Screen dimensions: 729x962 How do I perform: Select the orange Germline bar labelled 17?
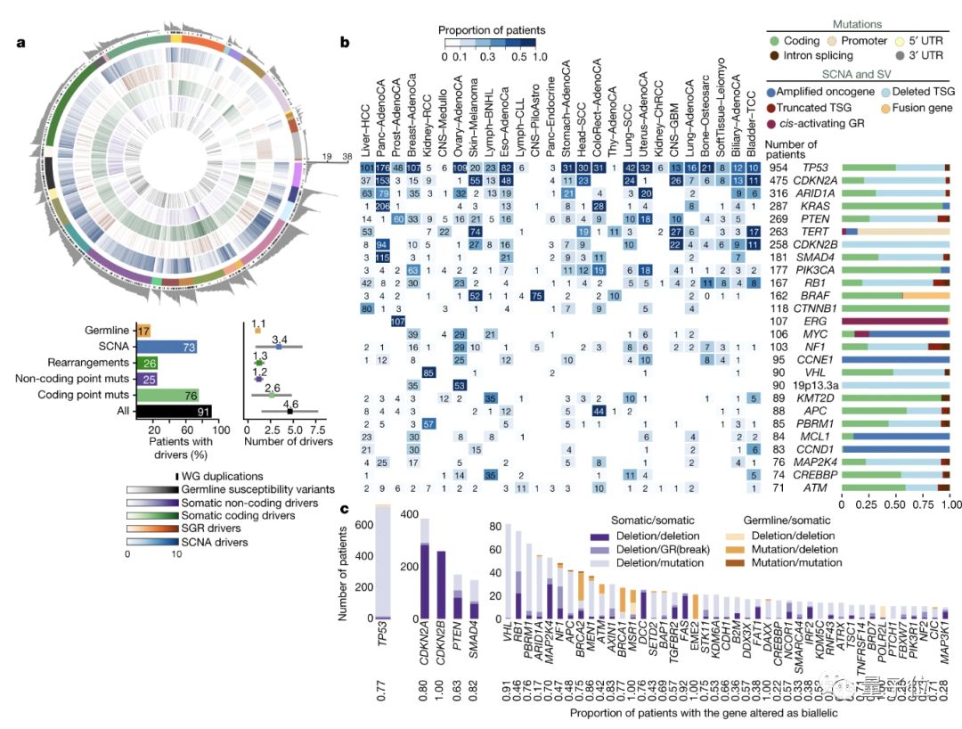pos(143,331)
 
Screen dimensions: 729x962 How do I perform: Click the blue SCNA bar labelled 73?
pos(167,347)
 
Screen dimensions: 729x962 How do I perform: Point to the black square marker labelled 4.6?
pos(290,411)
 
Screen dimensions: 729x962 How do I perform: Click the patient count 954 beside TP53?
pos(780,168)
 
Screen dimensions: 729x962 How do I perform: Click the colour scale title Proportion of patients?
pos(492,30)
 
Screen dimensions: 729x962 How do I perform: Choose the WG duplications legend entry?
pos(219,477)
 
